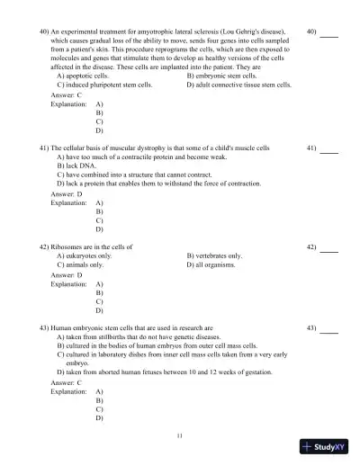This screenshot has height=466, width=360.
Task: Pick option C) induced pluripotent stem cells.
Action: click(104, 85)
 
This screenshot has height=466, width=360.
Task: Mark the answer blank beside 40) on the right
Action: click(329, 33)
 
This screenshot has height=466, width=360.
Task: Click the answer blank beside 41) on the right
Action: click(329, 147)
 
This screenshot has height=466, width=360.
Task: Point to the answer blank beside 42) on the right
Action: click(329, 246)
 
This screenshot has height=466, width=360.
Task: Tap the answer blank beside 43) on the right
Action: click(329, 327)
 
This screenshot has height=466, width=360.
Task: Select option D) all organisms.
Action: click(211, 265)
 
